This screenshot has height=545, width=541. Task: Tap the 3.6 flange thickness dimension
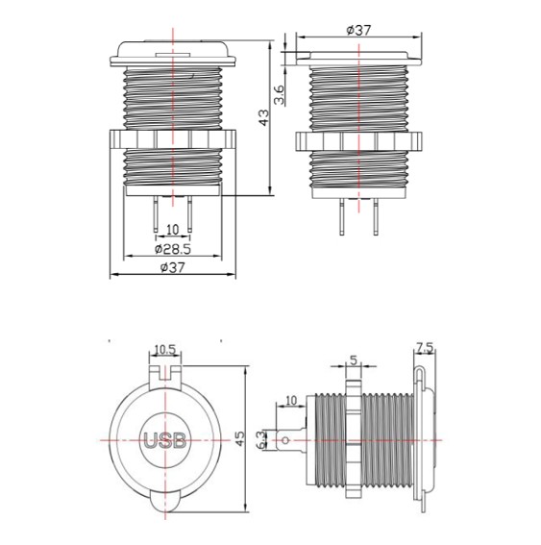click(x=279, y=94)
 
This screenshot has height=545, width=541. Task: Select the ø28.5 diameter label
click(x=173, y=248)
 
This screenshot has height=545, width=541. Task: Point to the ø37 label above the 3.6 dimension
click(x=357, y=30)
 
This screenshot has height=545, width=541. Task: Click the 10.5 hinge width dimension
click(x=167, y=349)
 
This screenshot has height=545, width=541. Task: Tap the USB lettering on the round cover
click(x=167, y=443)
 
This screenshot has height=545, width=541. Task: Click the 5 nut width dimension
click(x=355, y=360)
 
